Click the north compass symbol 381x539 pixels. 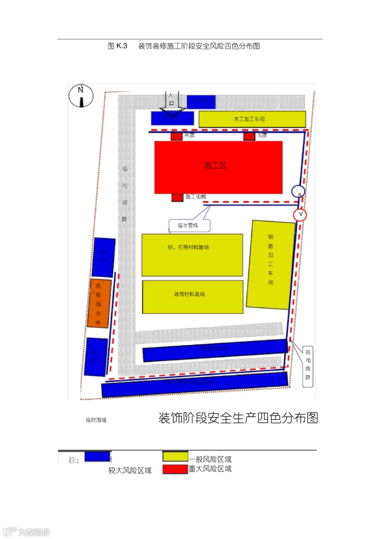tap(81, 96)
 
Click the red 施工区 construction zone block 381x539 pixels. tap(218, 167)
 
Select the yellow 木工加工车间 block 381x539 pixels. tap(252, 119)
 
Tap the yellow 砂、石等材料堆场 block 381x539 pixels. tap(192, 255)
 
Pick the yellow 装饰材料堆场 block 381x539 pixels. tap(193, 297)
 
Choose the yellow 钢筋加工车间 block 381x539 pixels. tap(271, 265)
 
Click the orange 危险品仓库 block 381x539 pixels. tap(99, 304)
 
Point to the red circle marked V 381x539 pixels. tap(300, 214)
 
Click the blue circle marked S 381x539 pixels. tap(298, 191)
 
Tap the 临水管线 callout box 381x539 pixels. tap(189, 226)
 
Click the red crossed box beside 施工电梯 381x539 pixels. tap(177, 197)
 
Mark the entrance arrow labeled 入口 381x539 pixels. tap(171, 102)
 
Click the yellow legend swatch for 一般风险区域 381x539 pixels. tap(175, 457)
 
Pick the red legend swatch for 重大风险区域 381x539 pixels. tap(175, 469)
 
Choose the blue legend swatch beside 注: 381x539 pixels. tap(97, 457)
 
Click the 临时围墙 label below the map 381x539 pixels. tap(96, 420)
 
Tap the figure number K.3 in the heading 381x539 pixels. tap(122, 46)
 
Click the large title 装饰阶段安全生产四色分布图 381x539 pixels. tap(238, 418)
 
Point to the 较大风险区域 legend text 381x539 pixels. tap(130, 471)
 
